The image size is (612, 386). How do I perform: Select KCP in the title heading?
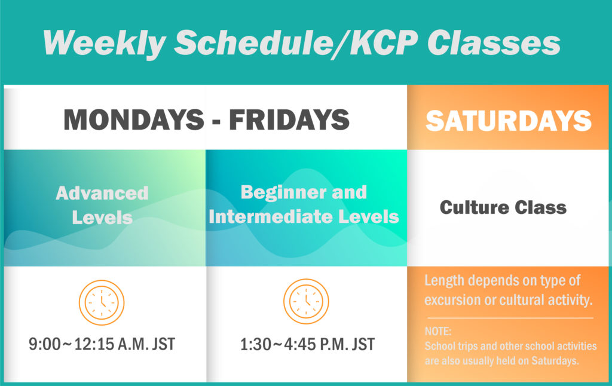click(380, 44)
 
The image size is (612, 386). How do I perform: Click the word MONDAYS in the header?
click(133, 120)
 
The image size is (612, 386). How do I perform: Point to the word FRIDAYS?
click(289, 120)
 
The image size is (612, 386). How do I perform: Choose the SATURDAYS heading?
click(509, 121)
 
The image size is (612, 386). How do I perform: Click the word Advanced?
click(102, 193)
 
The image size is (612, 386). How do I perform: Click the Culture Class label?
click(503, 207)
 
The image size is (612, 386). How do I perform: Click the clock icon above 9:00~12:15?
click(102, 302)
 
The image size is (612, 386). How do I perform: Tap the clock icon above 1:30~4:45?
click(306, 302)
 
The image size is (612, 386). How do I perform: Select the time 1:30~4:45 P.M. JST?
click(307, 345)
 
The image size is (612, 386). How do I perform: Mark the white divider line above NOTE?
click(510, 318)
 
